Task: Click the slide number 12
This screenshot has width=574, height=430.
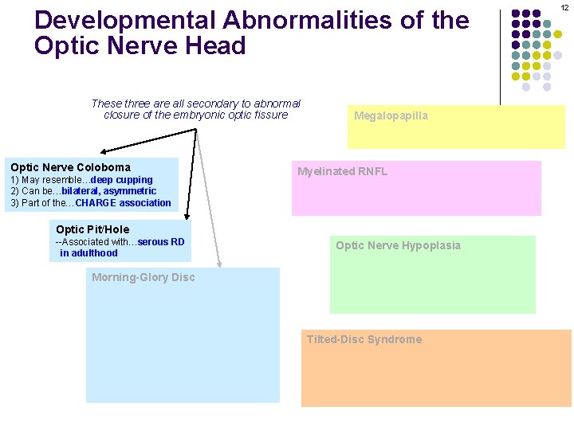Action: [563, 6]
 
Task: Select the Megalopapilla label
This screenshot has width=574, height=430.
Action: [391, 116]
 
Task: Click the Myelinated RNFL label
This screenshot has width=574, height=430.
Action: [342, 171]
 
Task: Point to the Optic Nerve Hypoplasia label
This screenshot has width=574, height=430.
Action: [398, 245]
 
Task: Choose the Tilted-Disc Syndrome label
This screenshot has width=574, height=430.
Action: [364, 339]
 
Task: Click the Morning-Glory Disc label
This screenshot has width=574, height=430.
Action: [143, 277]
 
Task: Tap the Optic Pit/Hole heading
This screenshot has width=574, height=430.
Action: [92, 229]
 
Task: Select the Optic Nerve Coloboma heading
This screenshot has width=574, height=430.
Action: [70, 167]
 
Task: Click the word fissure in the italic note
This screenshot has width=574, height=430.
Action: [271, 115]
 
